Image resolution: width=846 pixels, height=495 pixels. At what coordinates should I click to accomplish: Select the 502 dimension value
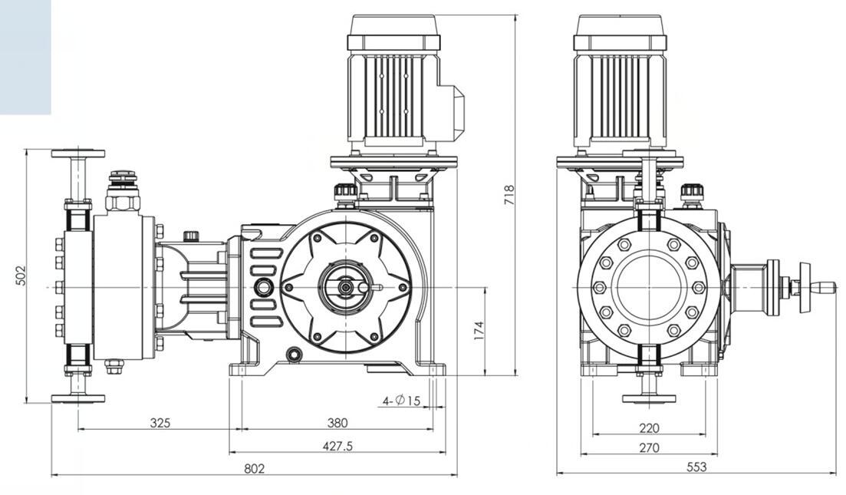point(21,276)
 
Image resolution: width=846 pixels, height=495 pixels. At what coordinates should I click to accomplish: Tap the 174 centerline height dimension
point(479,330)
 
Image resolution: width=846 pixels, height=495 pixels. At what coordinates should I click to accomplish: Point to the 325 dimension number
point(160,423)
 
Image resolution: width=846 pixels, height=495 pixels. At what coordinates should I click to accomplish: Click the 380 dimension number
point(337,423)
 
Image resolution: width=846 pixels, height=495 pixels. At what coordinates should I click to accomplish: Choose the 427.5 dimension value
point(337,446)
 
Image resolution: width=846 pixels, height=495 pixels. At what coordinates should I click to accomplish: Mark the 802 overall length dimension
point(255,469)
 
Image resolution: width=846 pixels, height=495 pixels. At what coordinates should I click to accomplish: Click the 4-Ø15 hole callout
point(402,401)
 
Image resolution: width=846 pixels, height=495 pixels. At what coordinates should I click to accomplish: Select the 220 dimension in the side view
point(649,428)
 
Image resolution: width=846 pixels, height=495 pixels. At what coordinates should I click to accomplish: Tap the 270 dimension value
point(649,447)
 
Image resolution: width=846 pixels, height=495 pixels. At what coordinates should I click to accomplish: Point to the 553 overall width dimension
point(696,467)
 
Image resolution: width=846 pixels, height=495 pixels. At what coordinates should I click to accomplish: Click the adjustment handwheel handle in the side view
point(822,288)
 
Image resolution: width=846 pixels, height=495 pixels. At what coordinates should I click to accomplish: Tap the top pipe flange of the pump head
point(78,153)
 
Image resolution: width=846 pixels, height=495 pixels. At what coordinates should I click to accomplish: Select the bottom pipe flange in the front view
point(78,398)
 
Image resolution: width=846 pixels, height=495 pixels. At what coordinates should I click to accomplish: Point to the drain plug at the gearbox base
point(293,355)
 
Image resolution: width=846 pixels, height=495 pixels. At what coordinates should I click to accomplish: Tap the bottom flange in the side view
point(649,398)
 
